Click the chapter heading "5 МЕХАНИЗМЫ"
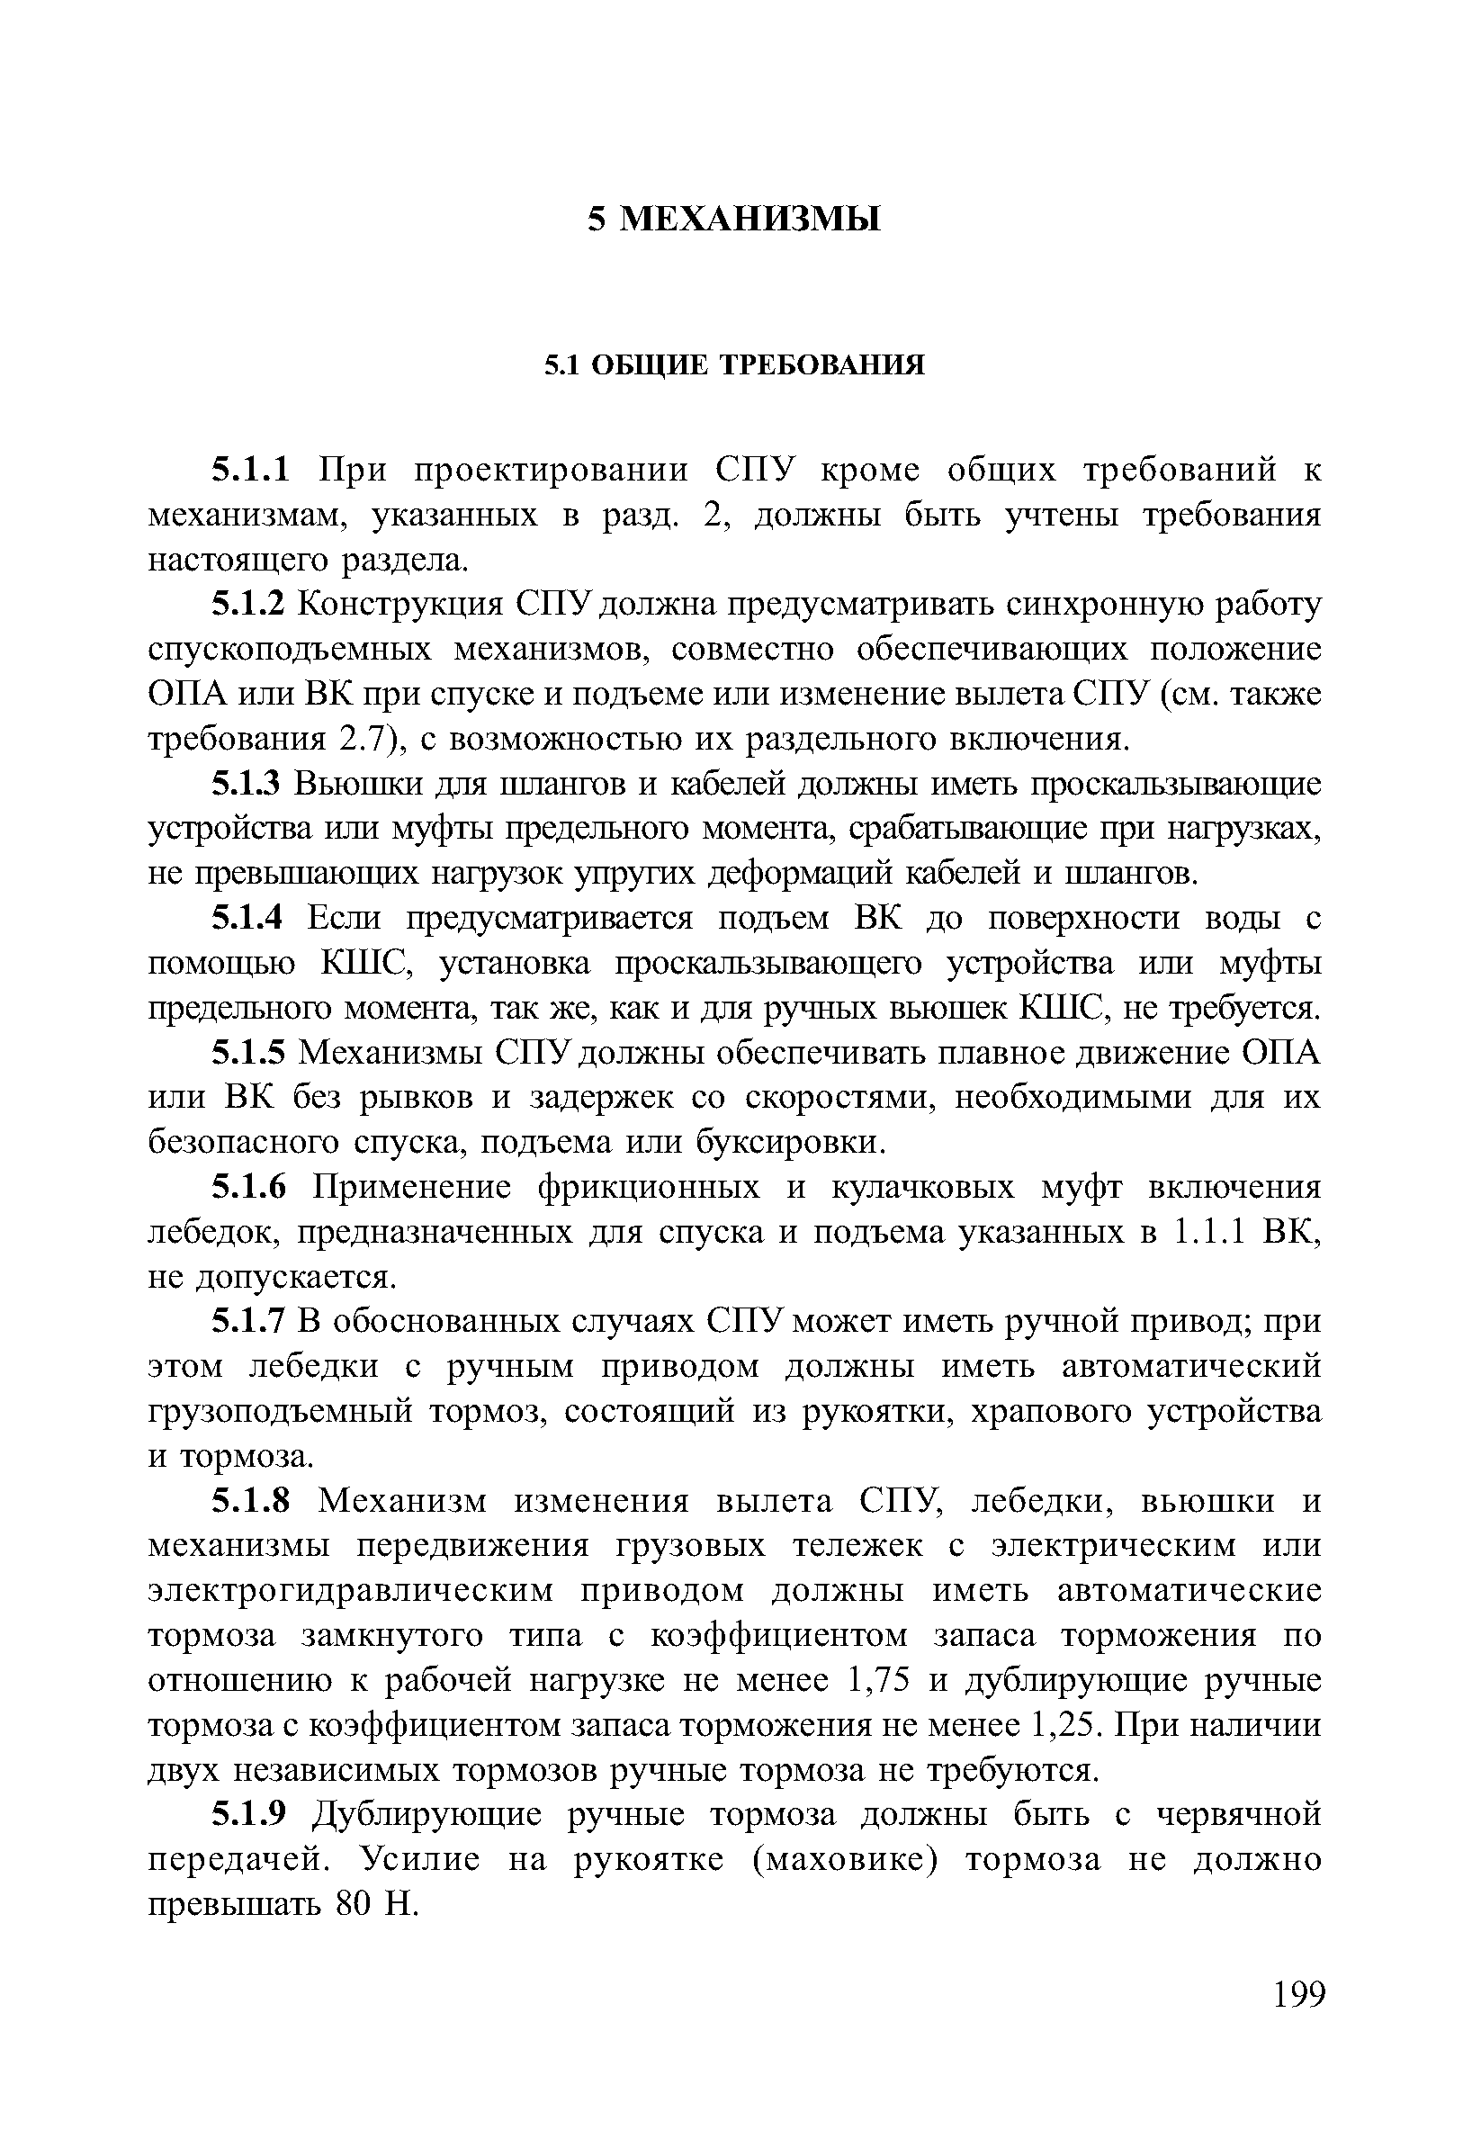tap(733, 220)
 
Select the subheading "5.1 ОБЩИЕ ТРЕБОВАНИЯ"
tap(733, 365)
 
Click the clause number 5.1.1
tap(251, 471)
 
